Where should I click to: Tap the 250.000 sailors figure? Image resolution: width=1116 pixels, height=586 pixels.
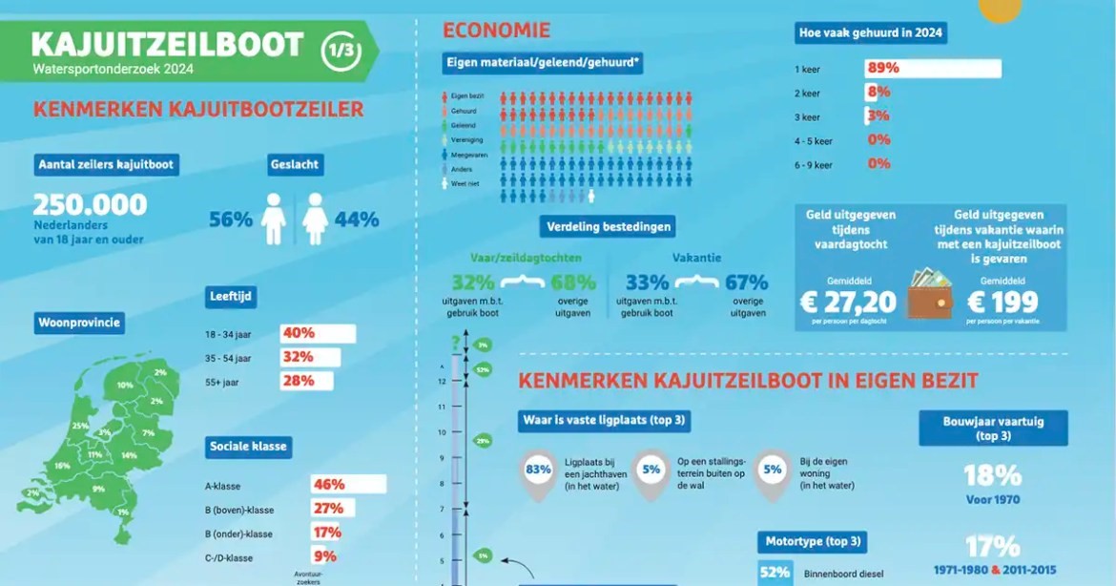point(91,205)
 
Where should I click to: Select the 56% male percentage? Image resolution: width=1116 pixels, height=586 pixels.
point(231,220)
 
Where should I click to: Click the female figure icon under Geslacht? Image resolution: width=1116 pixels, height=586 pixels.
point(315,219)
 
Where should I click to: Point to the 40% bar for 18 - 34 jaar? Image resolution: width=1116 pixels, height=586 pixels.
point(317,333)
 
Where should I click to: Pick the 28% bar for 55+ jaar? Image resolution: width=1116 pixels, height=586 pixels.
point(306,381)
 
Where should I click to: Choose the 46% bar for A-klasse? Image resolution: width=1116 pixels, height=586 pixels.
point(347,484)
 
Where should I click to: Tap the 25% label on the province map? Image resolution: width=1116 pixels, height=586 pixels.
point(80,426)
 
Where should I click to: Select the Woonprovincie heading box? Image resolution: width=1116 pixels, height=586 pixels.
point(80,323)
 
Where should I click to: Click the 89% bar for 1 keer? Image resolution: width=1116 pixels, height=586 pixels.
point(933,69)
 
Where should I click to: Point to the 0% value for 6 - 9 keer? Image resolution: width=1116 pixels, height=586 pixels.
point(878,164)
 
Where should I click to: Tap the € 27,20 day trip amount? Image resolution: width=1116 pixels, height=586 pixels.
point(848,303)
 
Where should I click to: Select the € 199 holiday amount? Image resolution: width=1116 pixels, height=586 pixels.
point(1002,303)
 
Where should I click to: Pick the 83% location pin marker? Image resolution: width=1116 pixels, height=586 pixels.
point(539,470)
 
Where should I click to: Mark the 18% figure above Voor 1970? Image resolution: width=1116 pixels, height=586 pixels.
point(992,475)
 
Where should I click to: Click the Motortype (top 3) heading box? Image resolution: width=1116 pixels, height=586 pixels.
point(813,542)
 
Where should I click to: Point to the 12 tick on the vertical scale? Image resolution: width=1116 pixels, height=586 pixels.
point(442,381)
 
